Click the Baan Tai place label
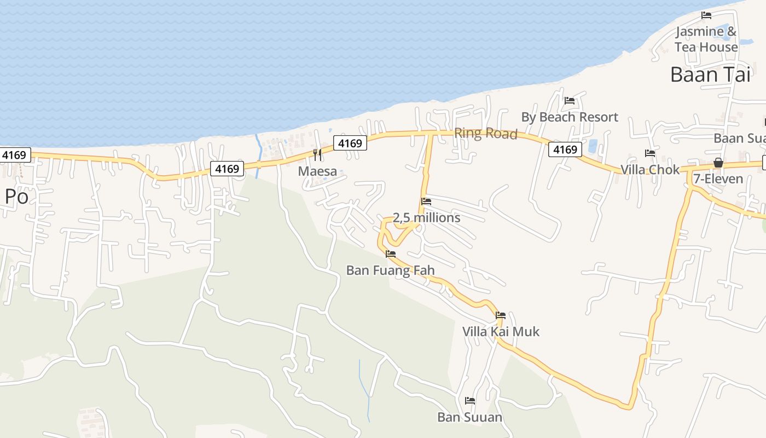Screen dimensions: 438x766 [x=710, y=74]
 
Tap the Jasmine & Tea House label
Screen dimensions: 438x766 [x=706, y=39]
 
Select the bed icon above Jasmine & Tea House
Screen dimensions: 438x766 [x=706, y=15]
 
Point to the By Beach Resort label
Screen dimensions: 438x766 [x=570, y=117]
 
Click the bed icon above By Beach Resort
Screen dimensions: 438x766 [x=570, y=101]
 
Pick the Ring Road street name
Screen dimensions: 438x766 [x=485, y=134]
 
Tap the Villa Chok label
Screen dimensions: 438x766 [x=649, y=170]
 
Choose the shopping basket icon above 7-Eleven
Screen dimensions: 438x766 [x=718, y=163]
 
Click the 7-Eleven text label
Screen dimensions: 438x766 [x=718, y=179]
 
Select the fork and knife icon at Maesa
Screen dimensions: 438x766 [x=317, y=155]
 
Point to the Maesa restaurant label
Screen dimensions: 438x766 [x=317, y=171]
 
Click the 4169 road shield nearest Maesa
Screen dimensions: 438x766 [x=350, y=143]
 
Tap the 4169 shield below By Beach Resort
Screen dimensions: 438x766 [x=565, y=149]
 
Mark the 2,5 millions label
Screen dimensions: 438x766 [x=426, y=218]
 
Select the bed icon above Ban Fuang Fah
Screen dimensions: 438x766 [x=391, y=254]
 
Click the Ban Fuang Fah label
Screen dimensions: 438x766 [x=390, y=270]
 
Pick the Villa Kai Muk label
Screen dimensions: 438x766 [x=501, y=332]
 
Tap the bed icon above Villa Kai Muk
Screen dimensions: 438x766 [x=500, y=315]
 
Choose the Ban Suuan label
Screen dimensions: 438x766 [x=469, y=418]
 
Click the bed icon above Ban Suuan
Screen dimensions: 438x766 [x=469, y=401]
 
